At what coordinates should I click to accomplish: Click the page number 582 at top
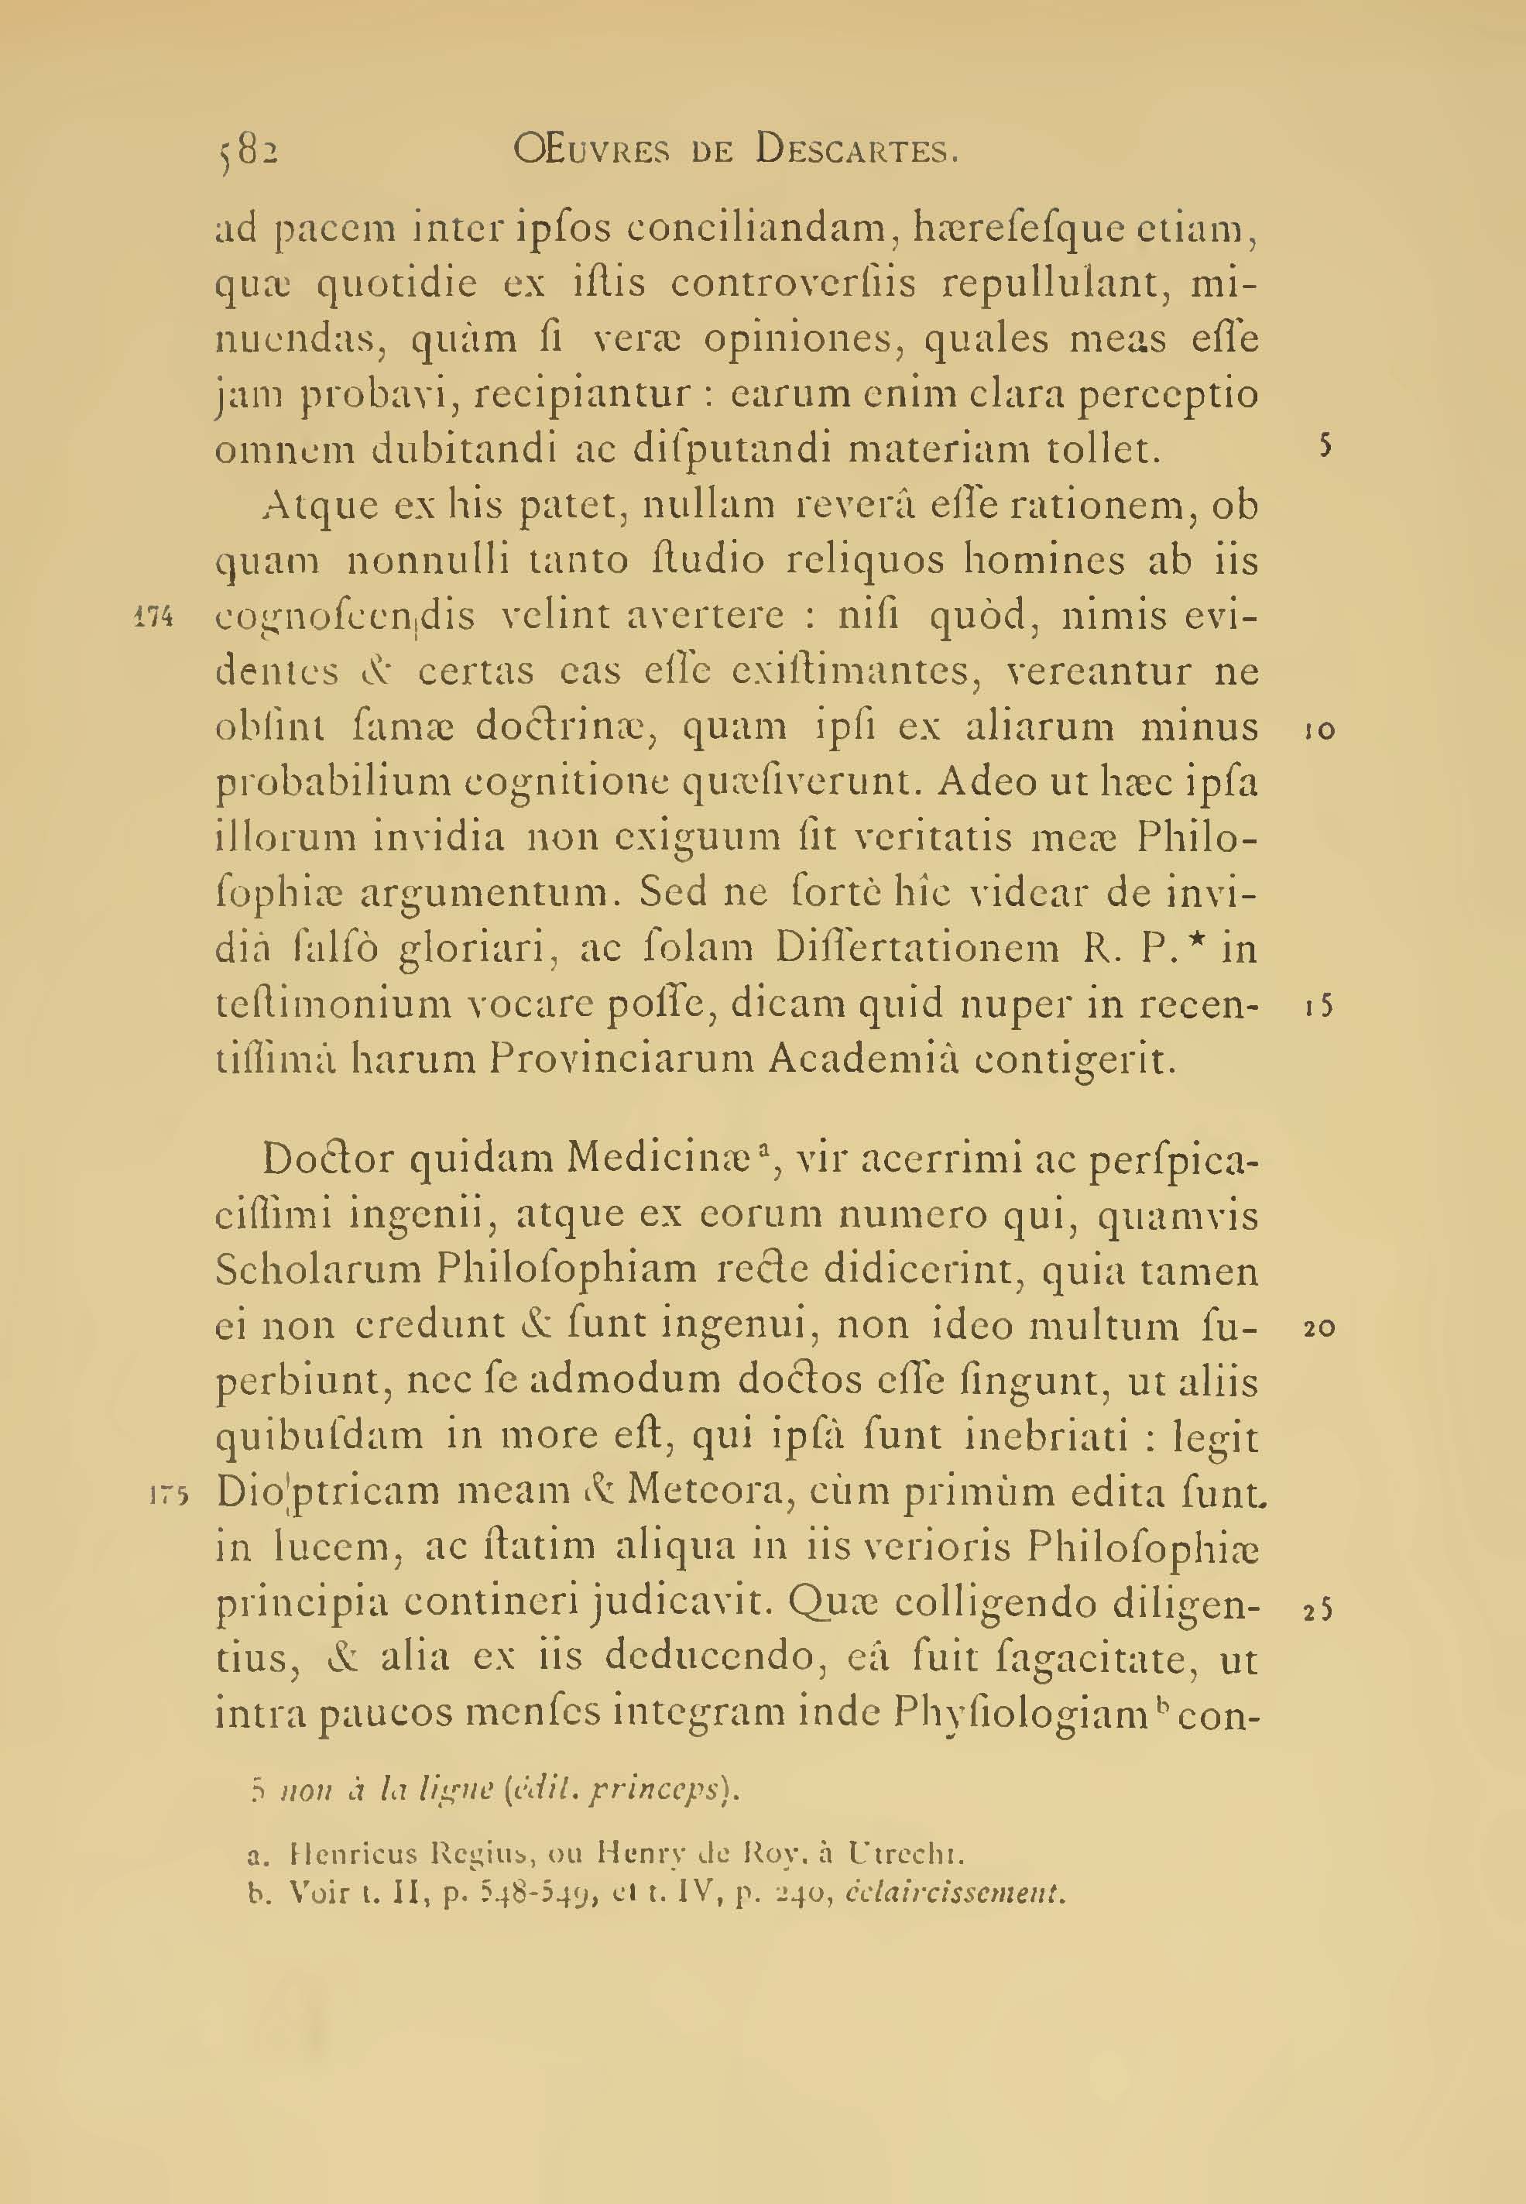click(x=247, y=151)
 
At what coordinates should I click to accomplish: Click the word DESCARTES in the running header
click(x=856, y=150)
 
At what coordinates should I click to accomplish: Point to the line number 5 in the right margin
click(x=1325, y=448)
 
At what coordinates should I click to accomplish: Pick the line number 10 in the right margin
click(x=1319, y=730)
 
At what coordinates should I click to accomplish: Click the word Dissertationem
click(x=917, y=949)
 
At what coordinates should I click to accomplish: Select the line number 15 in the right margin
click(x=1319, y=1006)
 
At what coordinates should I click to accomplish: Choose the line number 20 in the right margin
click(x=1319, y=1327)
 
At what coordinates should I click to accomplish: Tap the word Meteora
click(x=708, y=1492)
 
